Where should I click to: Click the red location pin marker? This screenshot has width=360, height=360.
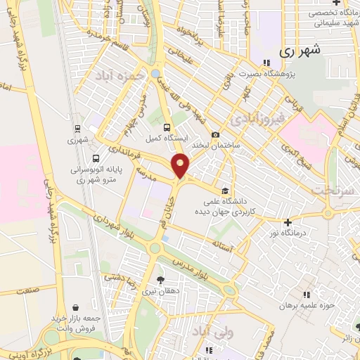181,167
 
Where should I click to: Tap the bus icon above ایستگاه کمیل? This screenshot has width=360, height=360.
167,128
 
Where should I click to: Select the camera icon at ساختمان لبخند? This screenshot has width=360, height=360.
215,134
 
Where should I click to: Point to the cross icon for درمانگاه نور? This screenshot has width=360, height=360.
288,222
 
